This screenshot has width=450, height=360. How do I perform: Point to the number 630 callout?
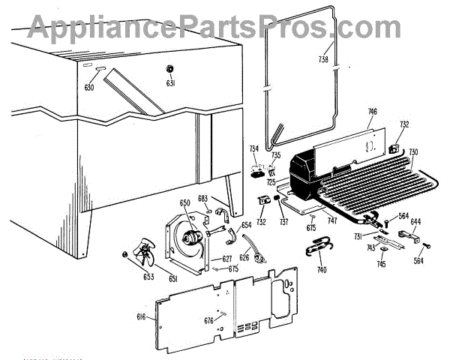point(89,87)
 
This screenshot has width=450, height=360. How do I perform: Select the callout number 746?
point(372,112)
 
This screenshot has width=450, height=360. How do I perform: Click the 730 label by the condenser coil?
point(413,152)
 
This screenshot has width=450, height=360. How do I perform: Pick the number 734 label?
point(255,148)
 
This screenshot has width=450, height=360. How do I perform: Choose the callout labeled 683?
point(202,199)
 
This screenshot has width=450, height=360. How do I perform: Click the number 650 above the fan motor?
point(184,203)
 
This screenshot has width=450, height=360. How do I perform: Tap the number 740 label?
point(322,270)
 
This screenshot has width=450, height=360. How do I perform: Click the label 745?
point(382,263)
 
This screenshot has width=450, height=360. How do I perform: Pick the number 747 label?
point(332,223)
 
